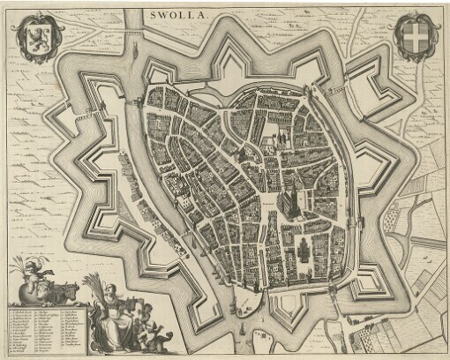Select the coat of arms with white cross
[413, 37]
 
